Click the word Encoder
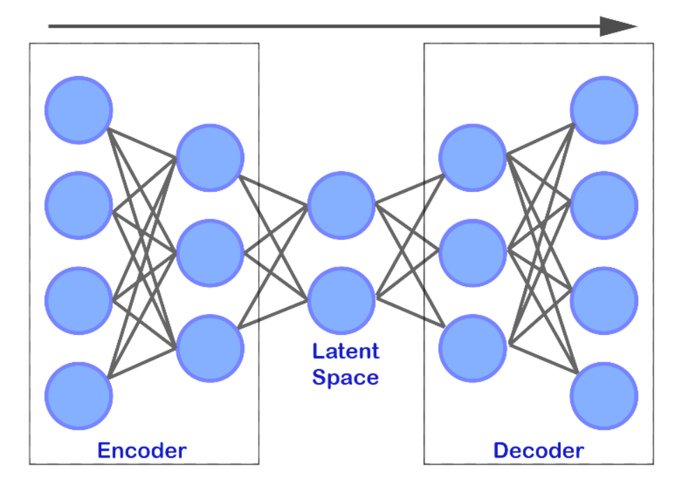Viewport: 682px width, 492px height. point(142,450)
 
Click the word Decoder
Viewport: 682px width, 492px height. point(538,450)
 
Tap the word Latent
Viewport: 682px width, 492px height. point(346,351)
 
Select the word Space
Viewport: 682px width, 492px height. point(346,377)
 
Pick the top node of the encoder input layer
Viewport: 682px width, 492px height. point(79,110)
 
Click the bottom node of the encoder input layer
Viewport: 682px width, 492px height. point(79,396)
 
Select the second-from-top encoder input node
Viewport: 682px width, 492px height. point(79,205)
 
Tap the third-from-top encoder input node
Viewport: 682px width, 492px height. point(79,301)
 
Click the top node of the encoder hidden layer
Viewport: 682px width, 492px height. point(210,158)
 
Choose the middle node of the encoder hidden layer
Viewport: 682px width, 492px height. point(210,253)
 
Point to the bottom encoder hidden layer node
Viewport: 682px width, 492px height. point(210,348)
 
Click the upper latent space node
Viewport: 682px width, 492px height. point(341,205)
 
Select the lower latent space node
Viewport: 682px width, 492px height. point(341,301)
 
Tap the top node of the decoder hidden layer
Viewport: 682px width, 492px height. point(473,158)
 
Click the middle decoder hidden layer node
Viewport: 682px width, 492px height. point(473,253)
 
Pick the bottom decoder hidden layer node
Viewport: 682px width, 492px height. point(473,348)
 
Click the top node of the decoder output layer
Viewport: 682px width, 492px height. point(604,110)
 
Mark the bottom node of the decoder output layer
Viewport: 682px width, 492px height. point(604,396)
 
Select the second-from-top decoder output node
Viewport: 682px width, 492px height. point(604,205)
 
